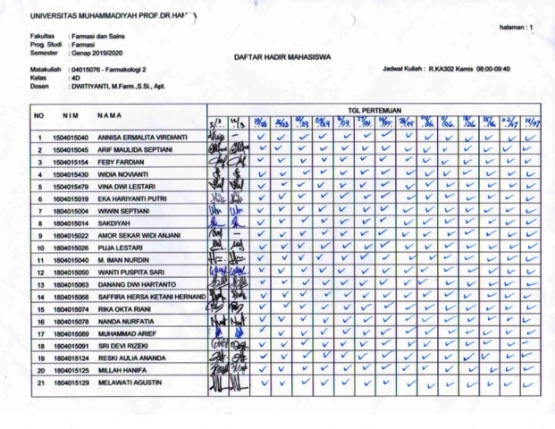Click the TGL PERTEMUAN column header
click(x=376, y=109)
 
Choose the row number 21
click(x=40, y=382)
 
